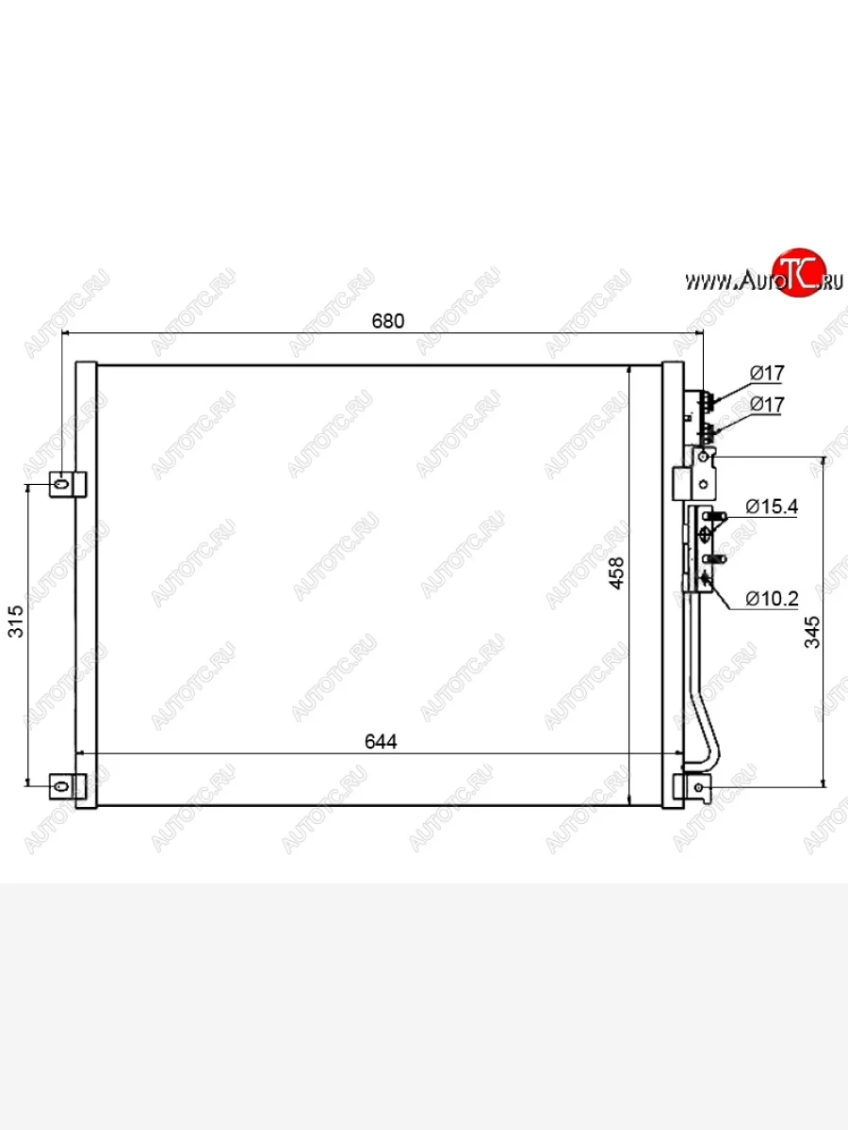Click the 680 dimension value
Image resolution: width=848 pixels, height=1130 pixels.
[x=387, y=321]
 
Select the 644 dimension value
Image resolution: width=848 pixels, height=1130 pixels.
[x=381, y=742]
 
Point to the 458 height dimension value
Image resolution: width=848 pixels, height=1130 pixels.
[x=616, y=573]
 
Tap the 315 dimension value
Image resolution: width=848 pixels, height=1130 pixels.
[x=16, y=621]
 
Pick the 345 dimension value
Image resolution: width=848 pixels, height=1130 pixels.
[x=812, y=632]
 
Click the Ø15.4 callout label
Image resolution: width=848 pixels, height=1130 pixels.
[x=772, y=507]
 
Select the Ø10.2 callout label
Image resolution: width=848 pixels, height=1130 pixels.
[x=772, y=598]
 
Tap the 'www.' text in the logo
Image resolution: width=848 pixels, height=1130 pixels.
[x=711, y=282]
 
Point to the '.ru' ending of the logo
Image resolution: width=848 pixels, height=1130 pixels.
[x=832, y=282]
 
